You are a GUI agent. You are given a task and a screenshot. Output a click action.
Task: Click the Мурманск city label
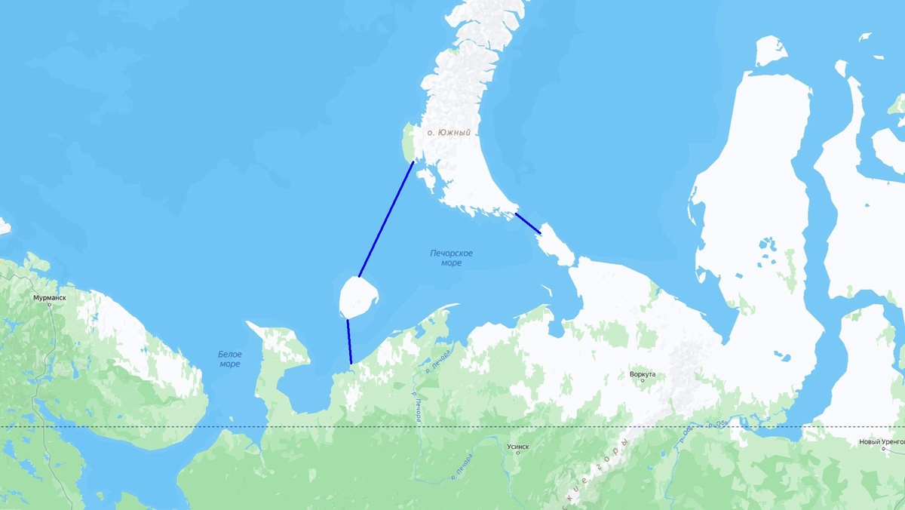(49, 298)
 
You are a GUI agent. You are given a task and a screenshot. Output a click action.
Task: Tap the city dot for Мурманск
(50, 305)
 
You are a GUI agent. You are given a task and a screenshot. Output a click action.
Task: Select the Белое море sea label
(229, 359)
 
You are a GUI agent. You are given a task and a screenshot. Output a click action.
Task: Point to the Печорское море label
(451, 258)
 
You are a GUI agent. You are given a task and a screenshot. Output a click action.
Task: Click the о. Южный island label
(449, 133)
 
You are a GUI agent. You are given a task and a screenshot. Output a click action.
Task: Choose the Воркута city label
(642, 373)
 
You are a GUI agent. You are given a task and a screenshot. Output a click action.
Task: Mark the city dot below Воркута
(643, 380)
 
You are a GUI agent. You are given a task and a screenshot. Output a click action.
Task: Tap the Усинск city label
(518, 447)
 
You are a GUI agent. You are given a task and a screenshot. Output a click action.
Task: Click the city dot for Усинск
(518, 453)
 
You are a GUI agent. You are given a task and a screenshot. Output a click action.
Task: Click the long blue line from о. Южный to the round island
(386, 219)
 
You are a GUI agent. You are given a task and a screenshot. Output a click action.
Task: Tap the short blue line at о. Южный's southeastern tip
(528, 223)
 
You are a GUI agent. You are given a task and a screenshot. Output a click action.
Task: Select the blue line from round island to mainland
(349, 342)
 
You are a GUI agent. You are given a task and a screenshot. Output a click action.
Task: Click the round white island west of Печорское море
(357, 297)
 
